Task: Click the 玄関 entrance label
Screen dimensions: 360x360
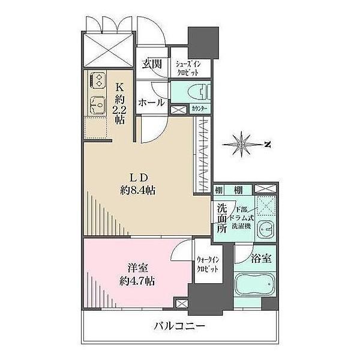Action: pos(151,64)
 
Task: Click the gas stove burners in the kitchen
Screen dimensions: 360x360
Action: pos(97,79)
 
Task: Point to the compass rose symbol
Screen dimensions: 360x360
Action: pos(243,144)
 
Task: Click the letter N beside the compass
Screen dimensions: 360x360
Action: pos(268,144)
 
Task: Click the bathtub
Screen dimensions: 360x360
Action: pos(255,285)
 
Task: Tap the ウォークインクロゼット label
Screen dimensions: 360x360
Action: pos(208,265)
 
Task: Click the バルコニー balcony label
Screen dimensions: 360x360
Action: pos(179,327)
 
